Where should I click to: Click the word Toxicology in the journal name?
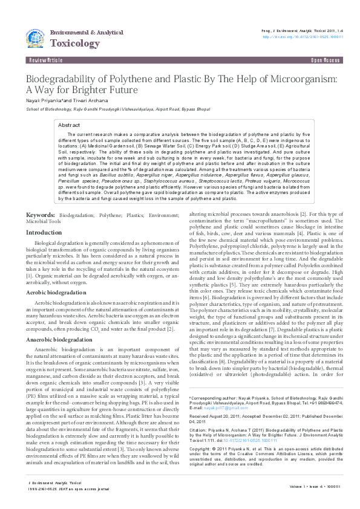(75, 44)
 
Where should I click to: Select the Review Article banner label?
(45, 61)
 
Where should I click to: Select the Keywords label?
(41, 216)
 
